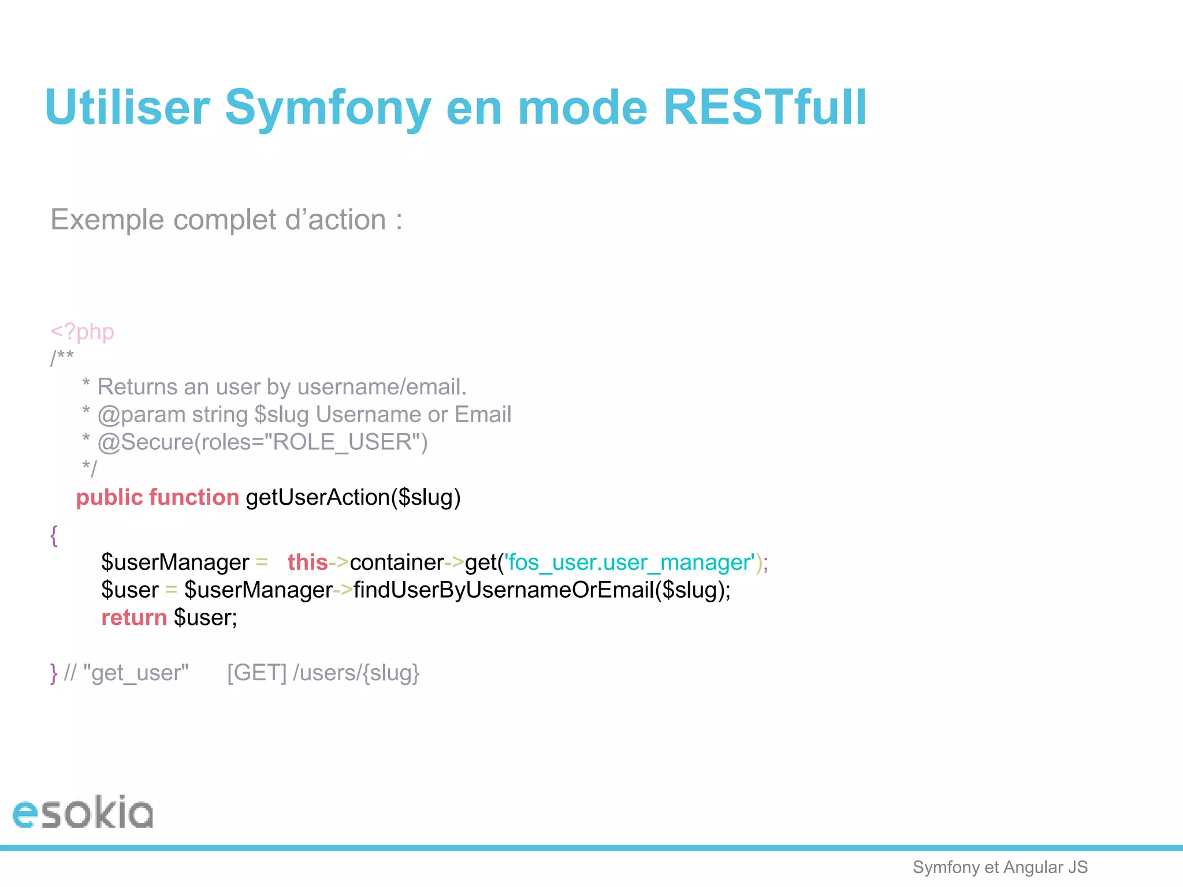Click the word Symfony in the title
pos(328,107)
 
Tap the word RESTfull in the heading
pos(764,107)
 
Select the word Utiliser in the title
pos(127,107)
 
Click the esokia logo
pos(83,813)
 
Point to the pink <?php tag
pos(82,331)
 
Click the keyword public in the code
pos(109,497)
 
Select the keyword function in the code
pos(194,497)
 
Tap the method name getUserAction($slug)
pos(353,497)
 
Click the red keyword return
pos(134,617)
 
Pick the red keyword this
pos(307,562)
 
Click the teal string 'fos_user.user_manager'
pos(630,562)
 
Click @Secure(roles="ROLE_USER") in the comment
pos(262,442)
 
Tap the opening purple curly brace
pos(54,535)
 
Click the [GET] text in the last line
pos(256,673)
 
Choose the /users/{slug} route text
pos(356,673)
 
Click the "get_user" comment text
pos(136,673)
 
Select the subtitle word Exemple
pos(107,219)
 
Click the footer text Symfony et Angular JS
pos(1000,867)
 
